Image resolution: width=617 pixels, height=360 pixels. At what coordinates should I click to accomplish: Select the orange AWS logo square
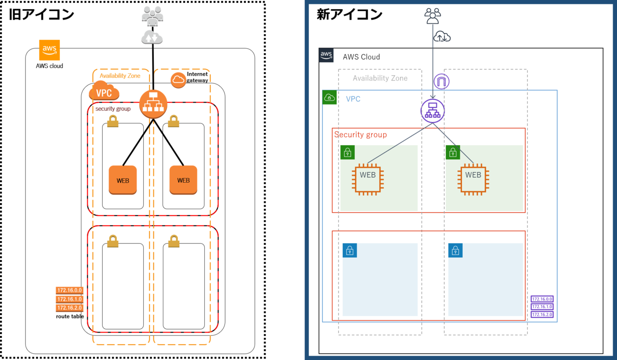(x=50, y=50)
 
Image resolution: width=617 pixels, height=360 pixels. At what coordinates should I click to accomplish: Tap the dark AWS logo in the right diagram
(x=326, y=55)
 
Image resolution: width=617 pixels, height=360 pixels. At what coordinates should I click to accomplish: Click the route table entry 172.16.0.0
(x=70, y=290)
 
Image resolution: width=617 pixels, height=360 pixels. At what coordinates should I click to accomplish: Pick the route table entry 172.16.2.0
(x=70, y=307)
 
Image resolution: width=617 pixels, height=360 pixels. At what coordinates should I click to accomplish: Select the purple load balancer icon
(x=432, y=110)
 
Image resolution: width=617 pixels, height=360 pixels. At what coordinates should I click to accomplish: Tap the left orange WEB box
(x=122, y=180)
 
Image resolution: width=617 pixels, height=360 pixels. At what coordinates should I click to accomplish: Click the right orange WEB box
(x=183, y=180)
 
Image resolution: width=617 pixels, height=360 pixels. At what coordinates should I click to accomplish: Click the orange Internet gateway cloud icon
(x=178, y=80)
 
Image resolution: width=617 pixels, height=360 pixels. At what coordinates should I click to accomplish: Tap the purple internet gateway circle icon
(x=441, y=81)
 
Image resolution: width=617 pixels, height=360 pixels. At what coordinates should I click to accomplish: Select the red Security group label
(x=361, y=135)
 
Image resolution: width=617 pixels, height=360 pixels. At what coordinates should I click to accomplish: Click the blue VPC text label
(x=353, y=99)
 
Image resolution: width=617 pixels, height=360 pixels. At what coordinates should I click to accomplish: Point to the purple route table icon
(x=542, y=307)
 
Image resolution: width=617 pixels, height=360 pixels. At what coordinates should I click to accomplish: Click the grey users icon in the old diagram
(x=152, y=15)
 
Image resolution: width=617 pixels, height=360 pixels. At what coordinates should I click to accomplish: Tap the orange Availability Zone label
(x=120, y=76)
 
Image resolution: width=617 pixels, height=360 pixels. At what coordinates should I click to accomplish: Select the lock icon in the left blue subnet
(x=349, y=250)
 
